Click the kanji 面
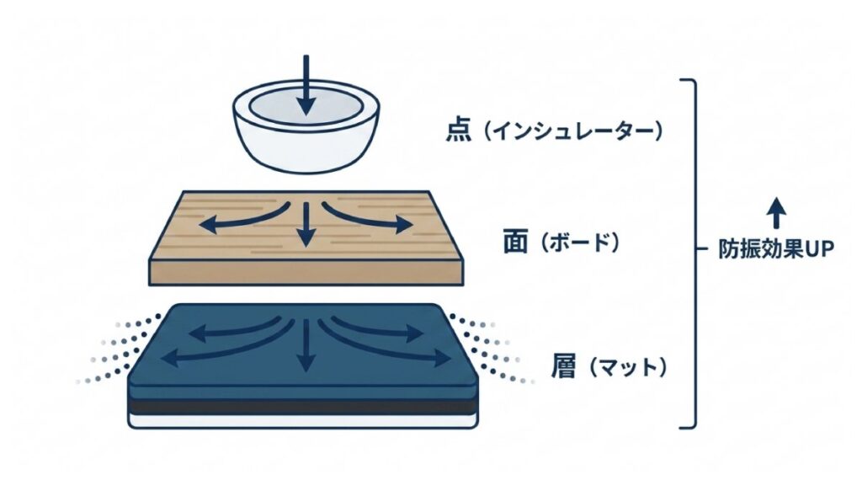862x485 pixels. tap(517, 242)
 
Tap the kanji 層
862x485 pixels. tap(563, 366)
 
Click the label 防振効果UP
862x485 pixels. tap(776, 249)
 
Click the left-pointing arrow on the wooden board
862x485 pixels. tap(242, 217)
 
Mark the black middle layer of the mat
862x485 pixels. tap(302, 408)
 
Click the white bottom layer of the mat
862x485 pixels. tap(302, 421)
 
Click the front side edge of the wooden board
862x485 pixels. tap(306, 272)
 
